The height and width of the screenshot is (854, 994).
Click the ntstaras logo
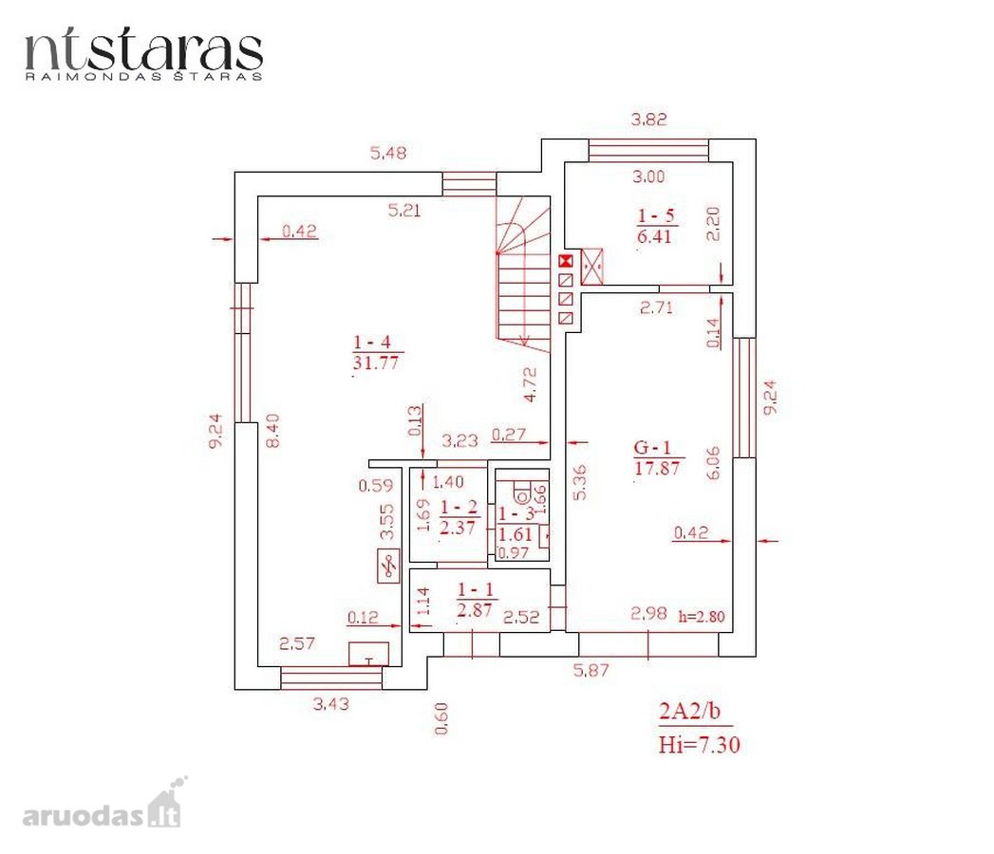tap(143, 53)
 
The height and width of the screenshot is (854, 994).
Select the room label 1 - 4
tap(371, 343)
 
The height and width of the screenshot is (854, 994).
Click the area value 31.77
tap(375, 362)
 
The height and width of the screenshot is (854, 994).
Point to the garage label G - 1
tap(652, 447)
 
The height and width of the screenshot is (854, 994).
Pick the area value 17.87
tap(657, 468)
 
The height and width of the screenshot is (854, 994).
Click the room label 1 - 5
tap(655, 215)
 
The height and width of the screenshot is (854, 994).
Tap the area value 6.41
tap(654, 236)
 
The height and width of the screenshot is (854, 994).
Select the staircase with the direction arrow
tap(522, 273)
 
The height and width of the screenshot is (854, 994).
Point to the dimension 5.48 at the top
tap(388, 153)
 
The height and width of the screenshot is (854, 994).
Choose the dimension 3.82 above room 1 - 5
tap(648, 120)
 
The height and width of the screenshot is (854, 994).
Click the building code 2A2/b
tap(689, 711)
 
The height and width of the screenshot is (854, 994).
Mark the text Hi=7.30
tap(700, 744)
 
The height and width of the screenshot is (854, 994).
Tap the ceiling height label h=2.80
tap(702, 616)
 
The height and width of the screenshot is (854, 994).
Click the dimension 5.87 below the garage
tap(591, 670)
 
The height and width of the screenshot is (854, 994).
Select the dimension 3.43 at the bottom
tap(331, 704)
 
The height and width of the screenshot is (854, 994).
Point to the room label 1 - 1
tap(476, 589)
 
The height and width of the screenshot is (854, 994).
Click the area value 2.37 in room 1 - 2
tap(457, 527)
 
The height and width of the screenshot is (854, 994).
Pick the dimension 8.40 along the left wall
tap(272, 431)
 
